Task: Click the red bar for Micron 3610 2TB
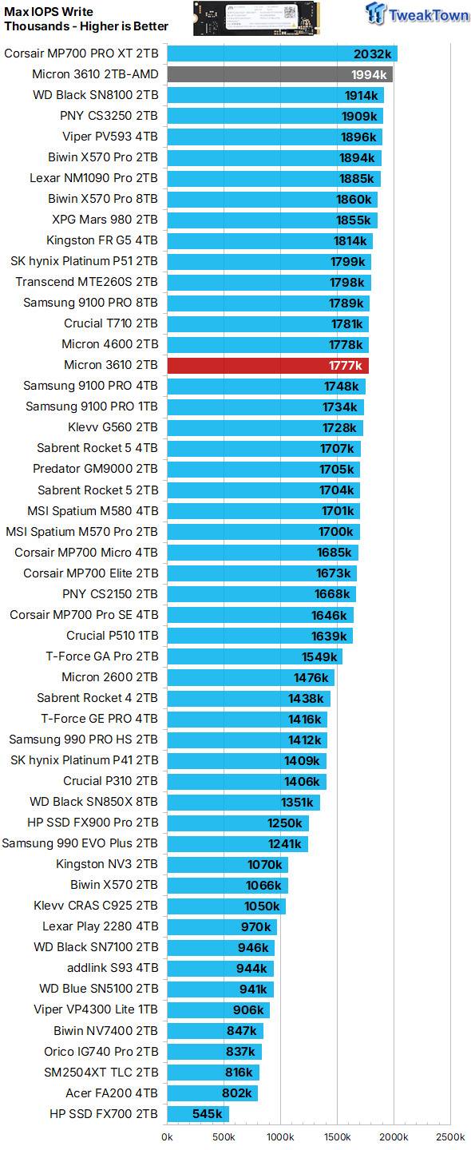coord(267,366)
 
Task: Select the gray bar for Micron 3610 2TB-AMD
coord(279,74)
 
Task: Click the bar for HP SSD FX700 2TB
coord(198,1114)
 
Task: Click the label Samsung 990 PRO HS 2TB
coord(84,740)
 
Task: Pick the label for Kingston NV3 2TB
coord(107,864)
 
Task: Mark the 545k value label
coord(208,1114)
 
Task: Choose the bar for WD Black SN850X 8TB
coord(243,802)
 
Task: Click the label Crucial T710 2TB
coord(111,323)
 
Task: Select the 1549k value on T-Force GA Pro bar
coord(319,656)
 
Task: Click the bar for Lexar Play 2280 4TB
coord(222,926)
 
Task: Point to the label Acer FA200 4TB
coord(112,1093)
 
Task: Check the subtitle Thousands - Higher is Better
coord(86,26)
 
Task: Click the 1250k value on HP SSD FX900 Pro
coord(285,823)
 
